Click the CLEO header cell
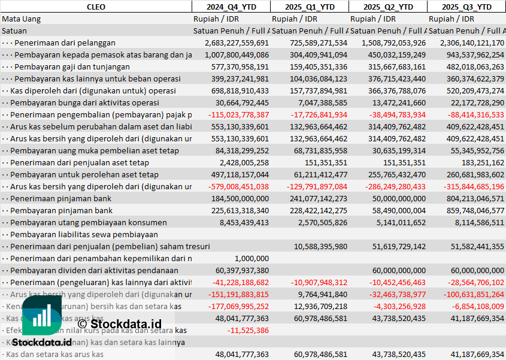(96, 7)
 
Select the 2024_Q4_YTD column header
(231, 7)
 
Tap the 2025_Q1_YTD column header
(309, 7)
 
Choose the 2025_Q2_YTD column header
(388, 7)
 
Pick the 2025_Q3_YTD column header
(466, 7)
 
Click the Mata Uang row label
(22, 19)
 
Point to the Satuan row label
(14, 31)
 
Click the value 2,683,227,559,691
(237, 43)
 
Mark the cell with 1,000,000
(252, 258)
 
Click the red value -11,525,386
(248, 330)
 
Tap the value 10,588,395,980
(320, 246)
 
